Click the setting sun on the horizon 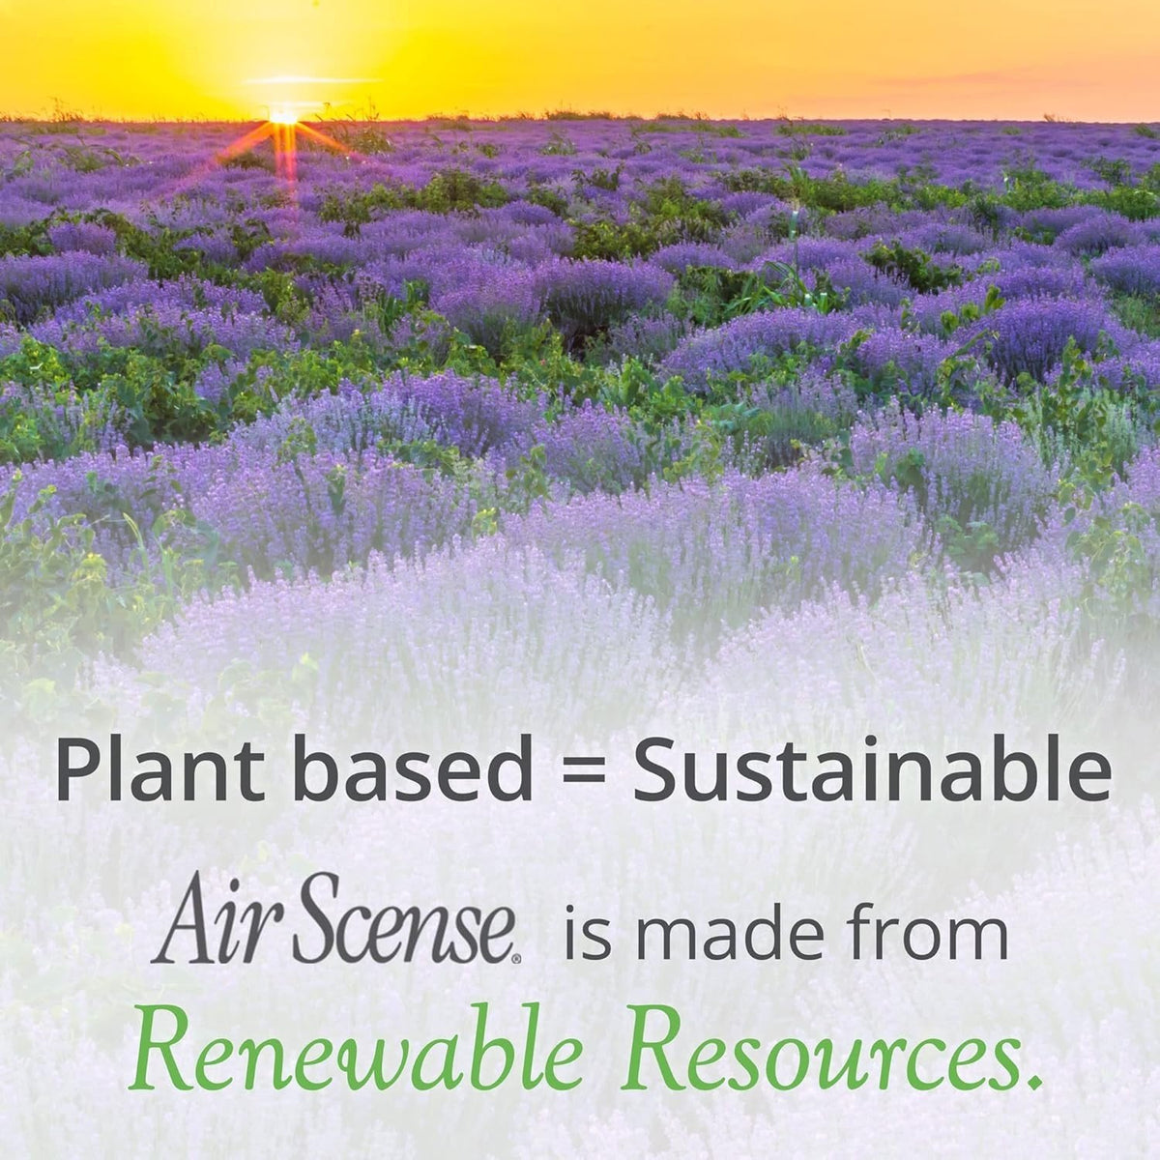click(283, 117)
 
